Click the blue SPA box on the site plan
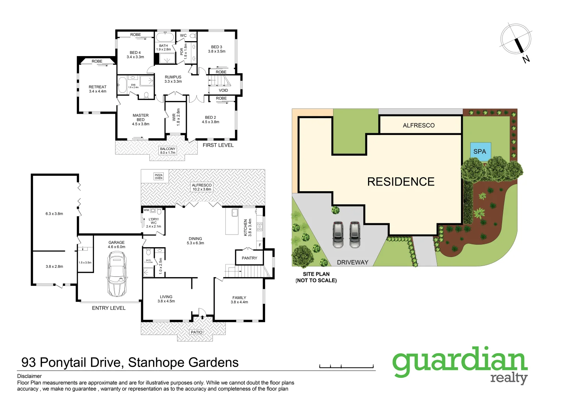pos(480,151)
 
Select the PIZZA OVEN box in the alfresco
pos(159,177)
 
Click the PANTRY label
pos(249,258)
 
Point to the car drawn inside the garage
pos(117,273)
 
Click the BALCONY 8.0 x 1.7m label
pos(167,150)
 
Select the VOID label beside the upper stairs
pos(224,90)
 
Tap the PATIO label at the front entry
pos(196,332)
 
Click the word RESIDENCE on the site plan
pos(401,182)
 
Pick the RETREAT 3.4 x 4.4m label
pos(97,89)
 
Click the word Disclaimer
pos(29,376)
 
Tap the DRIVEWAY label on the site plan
pos(352,262)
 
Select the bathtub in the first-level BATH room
pos(165,37)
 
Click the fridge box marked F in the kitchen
pos(260,245)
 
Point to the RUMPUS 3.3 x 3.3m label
pos(173,79)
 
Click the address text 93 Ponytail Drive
pos(71,362)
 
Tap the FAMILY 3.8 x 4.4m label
pos(239,300)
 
